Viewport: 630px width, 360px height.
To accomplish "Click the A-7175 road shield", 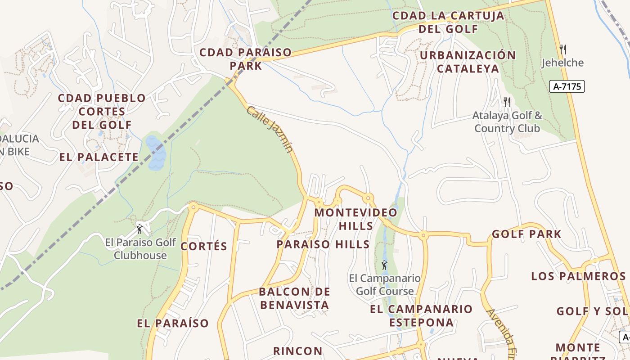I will [567, 86].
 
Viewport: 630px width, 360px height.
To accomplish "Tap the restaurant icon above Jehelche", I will [562, 49].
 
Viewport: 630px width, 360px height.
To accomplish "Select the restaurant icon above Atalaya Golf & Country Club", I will [507, 102].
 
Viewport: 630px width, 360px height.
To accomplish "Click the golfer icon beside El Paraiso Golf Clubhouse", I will [139, 229].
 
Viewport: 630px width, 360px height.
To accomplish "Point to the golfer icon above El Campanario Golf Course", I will [384, 265].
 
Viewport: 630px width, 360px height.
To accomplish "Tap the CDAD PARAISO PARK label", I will [245, 59].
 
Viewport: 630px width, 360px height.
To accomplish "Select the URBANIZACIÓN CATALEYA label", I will [468, 62].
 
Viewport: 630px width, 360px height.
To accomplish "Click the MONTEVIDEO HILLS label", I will [355, 219].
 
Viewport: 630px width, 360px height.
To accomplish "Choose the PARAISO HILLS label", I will [323, 244].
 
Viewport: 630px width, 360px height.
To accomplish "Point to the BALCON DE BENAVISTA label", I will [294, 298].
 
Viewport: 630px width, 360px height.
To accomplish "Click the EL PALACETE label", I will [99, 157].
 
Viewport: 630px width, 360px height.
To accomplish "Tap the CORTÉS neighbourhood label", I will [204, 246].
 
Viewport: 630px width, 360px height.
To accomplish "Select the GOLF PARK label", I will [526, 234].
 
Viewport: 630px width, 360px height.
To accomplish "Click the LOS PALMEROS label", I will [578, 276].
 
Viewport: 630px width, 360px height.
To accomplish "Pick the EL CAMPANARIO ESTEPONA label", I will [421, 315].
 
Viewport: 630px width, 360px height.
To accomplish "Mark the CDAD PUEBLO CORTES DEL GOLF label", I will [102, 111].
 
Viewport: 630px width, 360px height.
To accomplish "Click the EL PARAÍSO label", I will [173, 323].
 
